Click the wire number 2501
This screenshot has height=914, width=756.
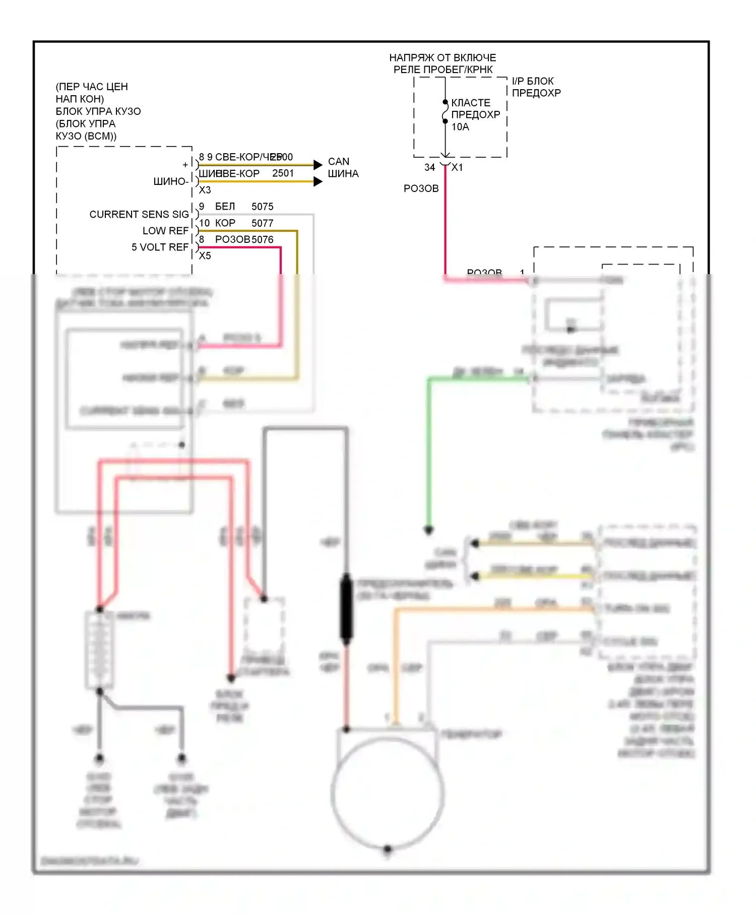pos(283,173)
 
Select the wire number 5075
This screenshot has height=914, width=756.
pos(262,207)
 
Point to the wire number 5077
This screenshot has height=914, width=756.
pos(262,223)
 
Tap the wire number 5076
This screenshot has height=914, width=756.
pos(262,239)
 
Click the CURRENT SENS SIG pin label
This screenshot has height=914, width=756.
pos(139,215)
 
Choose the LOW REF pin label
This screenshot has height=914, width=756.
pos(165,231)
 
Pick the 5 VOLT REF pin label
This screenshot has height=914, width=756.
pos(160,247)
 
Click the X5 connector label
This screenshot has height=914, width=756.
pos(205,256)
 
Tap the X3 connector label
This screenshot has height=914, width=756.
pos(205,190)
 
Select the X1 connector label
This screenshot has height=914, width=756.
pos(457,167)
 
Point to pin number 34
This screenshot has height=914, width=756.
pos(429,167)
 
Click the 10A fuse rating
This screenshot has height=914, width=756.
pos(460,127)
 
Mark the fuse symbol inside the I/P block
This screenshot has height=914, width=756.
pos(445,112)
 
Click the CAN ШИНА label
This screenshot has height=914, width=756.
pos(343,168)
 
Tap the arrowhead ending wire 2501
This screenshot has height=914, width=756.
pos(318,181)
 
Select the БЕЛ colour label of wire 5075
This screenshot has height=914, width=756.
pos(225,207)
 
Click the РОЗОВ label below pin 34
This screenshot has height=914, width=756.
pos(421,188)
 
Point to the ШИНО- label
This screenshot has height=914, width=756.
pos(171,181)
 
